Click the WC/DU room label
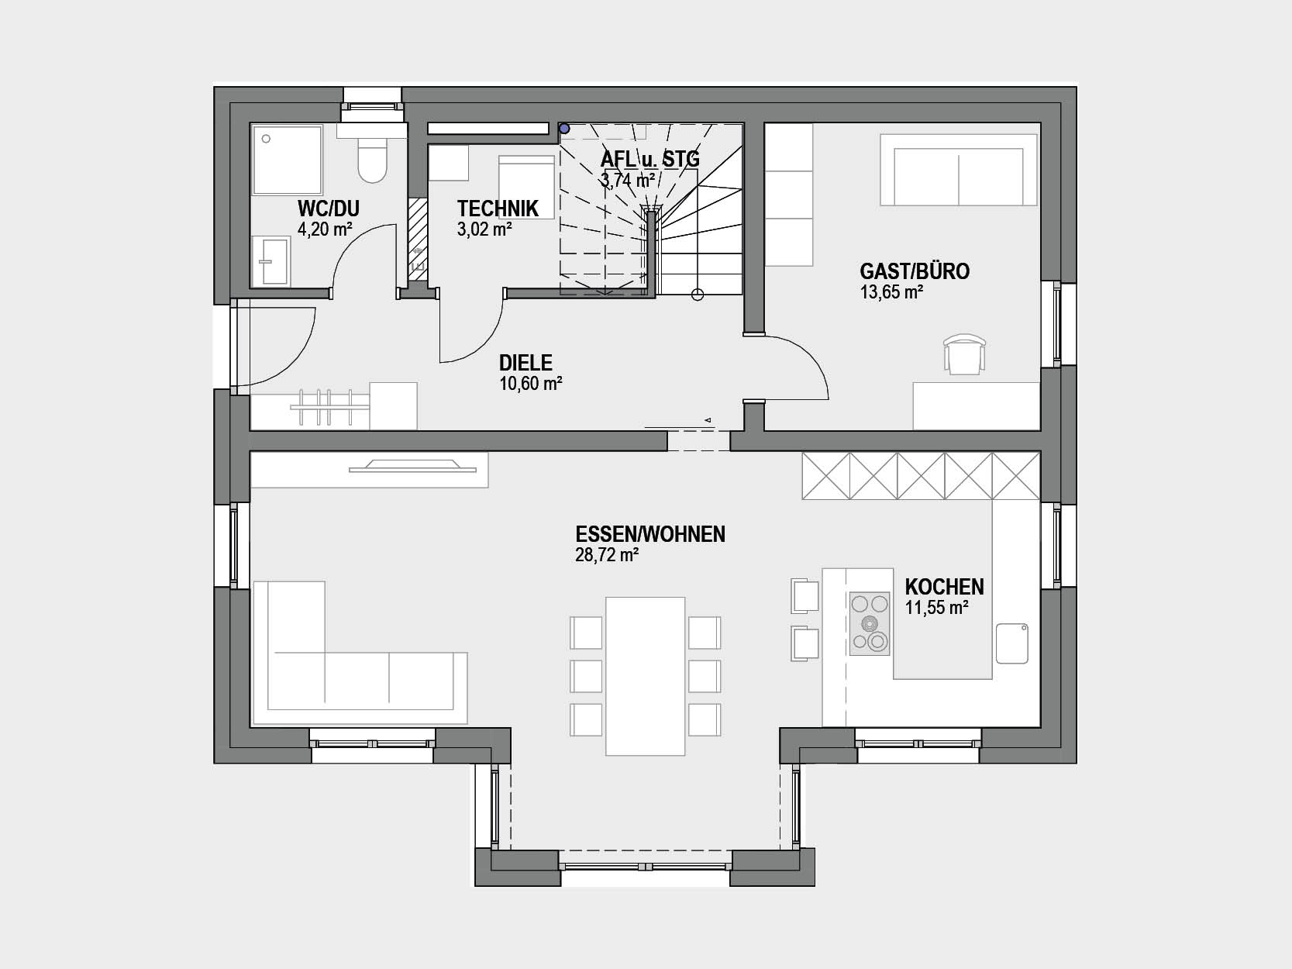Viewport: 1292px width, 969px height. (329, 209)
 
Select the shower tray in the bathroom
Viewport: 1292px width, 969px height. (288, 160)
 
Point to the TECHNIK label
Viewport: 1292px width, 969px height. (498, 209)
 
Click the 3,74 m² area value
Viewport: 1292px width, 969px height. (628, 180)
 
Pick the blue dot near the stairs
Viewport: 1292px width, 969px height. (564, 129)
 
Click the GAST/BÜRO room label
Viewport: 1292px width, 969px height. (915, 271)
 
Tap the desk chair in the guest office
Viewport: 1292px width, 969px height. (965, 353)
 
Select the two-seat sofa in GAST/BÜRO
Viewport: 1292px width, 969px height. (959, 170)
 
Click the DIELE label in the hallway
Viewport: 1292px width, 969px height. (525, 363)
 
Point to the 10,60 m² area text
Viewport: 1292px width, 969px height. (531, 384)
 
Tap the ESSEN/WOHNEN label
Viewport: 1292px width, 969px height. (650, 534)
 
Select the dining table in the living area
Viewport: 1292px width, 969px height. (646, 676)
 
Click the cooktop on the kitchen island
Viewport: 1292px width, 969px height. (870, 623)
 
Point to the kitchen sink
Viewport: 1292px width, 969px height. (1012, 643)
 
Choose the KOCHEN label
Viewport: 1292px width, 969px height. (944, 587)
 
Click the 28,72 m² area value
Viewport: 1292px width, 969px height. (607, 555)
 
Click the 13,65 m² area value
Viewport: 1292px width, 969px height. (891, 292)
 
